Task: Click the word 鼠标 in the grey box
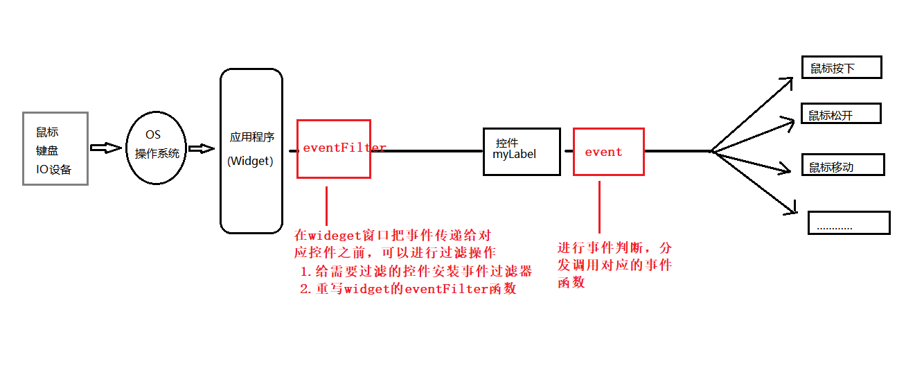(x=48, y=132)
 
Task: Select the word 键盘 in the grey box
(x=48, y=150)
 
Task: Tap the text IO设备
(x=54, y=169)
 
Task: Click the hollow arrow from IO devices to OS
(x=106, y=148)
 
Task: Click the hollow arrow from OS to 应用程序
(x=202, y=148)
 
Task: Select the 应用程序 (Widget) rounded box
(x=251, y=150)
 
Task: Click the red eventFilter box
(x=334, y=148)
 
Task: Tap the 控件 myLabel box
(x=521, y=151)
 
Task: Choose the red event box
(x=608, y=151)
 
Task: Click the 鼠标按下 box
(x=841, y=68)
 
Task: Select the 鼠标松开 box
(x=841, y=114)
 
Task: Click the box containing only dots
(x=849, y=223)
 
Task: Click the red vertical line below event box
(x=599, y=207)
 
